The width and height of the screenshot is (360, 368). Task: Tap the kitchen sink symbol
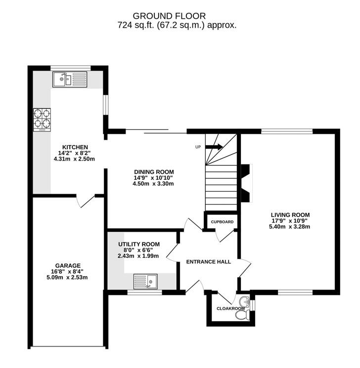[x=70, y=79]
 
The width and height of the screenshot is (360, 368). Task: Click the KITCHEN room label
[x=75, y=147]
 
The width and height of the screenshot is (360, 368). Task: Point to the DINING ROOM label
[x=153, y=172]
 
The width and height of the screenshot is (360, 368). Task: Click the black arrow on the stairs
[x=214, y=147]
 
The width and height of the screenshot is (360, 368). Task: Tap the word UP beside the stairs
[x=198, y=147]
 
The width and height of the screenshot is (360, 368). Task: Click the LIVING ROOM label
[x=290, y=214]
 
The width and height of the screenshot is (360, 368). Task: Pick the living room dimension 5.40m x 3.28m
[x=290, y=227]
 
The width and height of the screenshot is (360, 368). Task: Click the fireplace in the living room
[x=246, y=183]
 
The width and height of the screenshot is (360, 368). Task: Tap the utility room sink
[x=145, y=282]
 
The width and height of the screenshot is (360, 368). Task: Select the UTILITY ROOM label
[x=139, y=244]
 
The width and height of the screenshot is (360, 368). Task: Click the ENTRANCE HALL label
[x=208, y=262]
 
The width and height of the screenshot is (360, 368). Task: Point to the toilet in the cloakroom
[x=241, y=316]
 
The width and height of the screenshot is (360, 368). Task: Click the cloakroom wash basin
[x=243, y=302]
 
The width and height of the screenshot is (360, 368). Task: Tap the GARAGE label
[x=68, y=265]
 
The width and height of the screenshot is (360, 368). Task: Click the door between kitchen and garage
[x=85, y=201]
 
